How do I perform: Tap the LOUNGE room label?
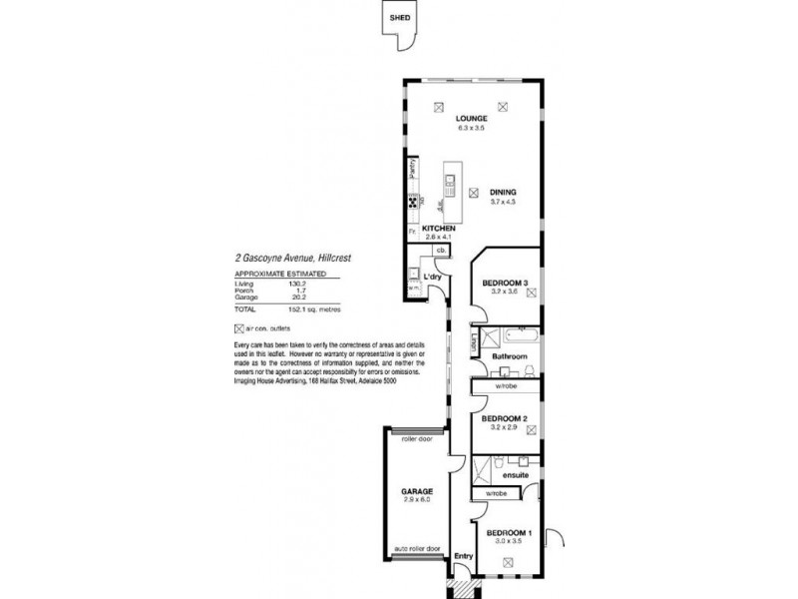(471, 118)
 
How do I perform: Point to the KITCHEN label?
(439, 229)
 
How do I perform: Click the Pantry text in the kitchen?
(411, 168)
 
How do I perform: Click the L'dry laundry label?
(432, 276)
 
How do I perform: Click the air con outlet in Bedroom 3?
(533, 294)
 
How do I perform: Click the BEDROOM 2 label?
(504, 418)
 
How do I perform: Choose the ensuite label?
(502, 476)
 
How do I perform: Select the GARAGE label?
(417, 492)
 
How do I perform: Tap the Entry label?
(462, 557)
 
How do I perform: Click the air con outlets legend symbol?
(237, 328)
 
